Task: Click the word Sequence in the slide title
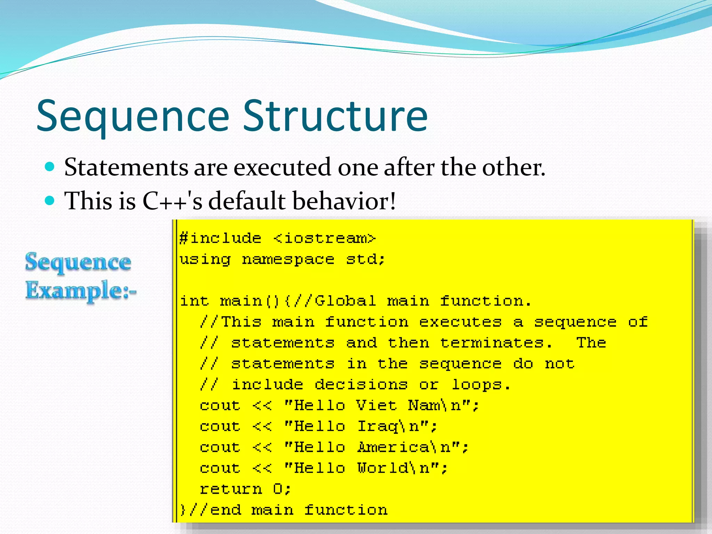133,116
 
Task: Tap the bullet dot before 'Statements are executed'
50,167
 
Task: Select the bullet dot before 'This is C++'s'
50,201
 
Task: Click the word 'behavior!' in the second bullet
344,201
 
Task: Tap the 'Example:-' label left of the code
81,290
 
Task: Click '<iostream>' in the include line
324,238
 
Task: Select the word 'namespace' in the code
288,259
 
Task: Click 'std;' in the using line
365,259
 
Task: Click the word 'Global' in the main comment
345,301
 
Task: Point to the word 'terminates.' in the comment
496,343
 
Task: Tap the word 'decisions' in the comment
361,385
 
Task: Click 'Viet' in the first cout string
376,405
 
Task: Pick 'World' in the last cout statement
383,468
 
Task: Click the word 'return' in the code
231,489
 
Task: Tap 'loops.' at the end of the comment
481,385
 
